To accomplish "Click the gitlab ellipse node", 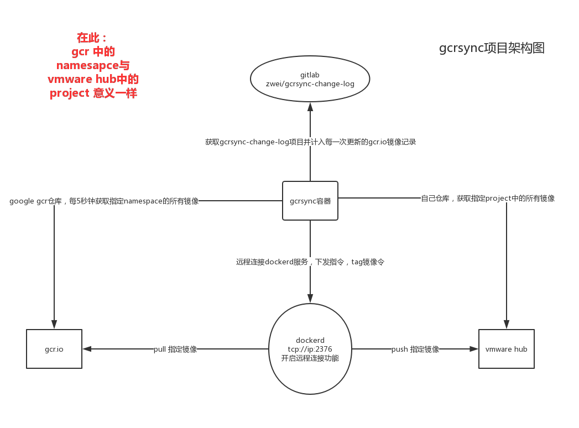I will coord(310,79).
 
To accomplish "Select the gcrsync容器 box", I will coord(310,201).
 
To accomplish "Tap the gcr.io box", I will coord(54,349).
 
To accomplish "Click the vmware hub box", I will coord(506,349).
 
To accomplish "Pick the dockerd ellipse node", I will coord(310,348).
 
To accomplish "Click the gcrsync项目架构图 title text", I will coord(492,48).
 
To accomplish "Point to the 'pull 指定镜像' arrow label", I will coord(175,349).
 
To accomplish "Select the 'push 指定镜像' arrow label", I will coord(415,349).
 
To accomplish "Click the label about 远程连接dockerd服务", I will coord(310,262).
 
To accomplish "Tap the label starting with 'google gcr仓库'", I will coord(104,201).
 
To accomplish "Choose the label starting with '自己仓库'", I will coord(488,198).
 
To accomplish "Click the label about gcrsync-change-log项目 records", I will coord(310,142).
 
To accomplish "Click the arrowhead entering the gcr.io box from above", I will coord(54,325).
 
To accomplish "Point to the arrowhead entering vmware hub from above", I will coord(506,325).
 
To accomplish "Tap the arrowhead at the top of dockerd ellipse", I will coord(310,299).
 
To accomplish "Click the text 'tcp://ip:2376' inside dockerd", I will coord(310,349).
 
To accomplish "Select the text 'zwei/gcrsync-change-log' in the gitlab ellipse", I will coord(310,84).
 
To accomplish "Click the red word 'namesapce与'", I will coord(93,65).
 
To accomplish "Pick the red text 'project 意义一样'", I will coord(93,93).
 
